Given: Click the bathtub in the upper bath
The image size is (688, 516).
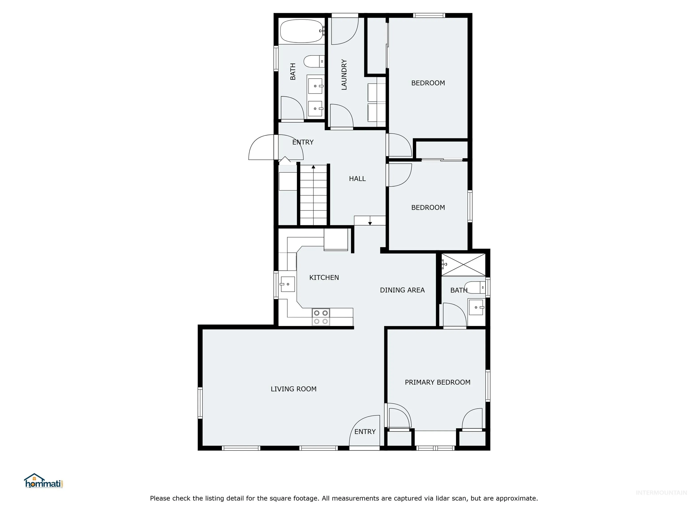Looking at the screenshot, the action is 302,31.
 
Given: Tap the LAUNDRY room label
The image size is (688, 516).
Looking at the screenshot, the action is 344,75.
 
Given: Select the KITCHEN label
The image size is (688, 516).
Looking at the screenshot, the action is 324,277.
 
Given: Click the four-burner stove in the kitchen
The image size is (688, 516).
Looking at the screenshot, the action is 321,317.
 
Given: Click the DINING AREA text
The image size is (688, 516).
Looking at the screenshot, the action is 402,290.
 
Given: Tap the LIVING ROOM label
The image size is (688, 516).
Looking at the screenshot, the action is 294,389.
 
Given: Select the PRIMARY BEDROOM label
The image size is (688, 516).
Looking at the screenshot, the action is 438,382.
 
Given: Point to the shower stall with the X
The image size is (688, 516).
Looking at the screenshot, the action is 463,265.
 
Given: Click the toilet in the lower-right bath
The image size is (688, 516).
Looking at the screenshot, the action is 475,287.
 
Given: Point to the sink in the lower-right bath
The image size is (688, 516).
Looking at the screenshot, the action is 476,307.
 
